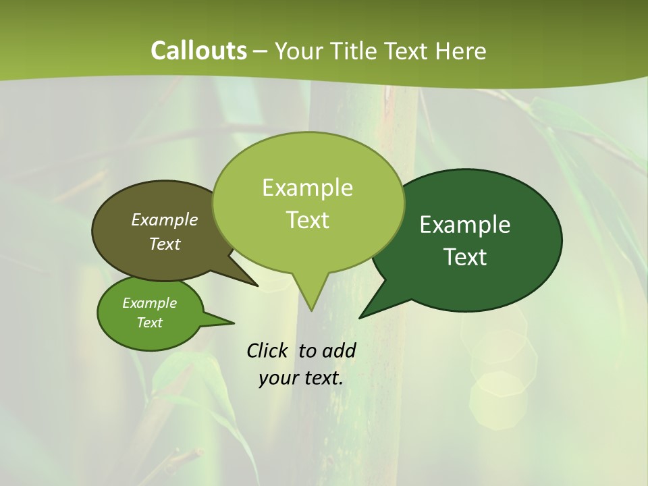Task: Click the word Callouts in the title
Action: tap(198, 51)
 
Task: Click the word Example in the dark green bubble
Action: tap(465, 224)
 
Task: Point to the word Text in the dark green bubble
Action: tap(465, 256)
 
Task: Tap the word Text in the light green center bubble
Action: tap(307, 219)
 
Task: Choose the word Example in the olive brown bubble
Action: tap(165, 219)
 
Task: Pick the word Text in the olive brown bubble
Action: tap(165, 244)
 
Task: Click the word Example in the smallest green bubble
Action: tap(149, 303)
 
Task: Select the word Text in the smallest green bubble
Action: tap(149, 323)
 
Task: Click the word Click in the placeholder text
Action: tap(268, 350)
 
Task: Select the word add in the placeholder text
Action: tap(339, 350)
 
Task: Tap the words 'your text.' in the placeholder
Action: tap(301, 378)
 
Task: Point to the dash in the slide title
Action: tap(261, 51)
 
